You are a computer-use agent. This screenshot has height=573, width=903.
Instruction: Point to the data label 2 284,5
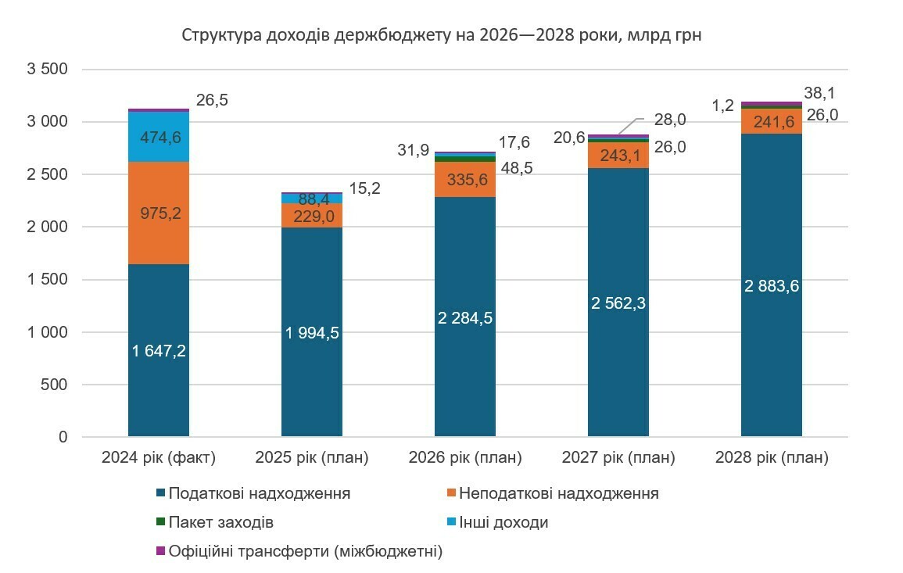click(465, 318)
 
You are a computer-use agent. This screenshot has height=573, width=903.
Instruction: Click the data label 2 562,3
click(618, 303)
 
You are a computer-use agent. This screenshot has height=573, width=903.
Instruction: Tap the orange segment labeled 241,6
click(772, 122)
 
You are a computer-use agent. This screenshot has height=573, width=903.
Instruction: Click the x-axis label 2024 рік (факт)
click(159, 457)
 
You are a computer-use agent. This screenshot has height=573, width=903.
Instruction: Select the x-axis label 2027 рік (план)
click(618, 457)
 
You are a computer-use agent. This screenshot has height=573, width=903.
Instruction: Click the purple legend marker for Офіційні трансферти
click(161, 551)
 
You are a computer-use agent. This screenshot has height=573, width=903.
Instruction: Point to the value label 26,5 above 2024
click(212, 101)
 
